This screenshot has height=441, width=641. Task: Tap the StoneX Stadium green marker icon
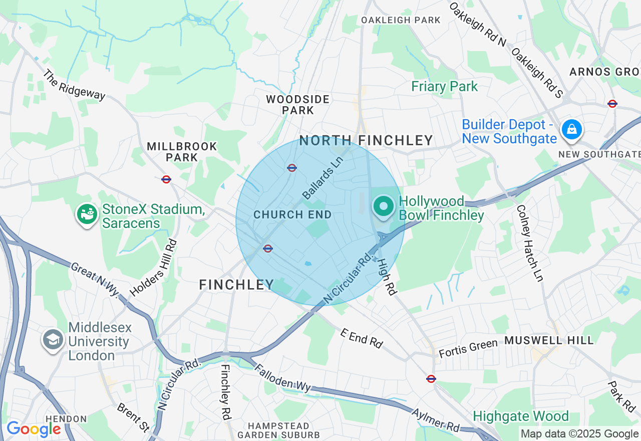click(x=87, y=214)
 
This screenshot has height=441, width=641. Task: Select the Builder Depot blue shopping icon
click(x=571, y=130)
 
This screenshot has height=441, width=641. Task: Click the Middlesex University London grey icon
click(x=53, y=339)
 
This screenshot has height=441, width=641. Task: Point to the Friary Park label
click(x=444, y=86)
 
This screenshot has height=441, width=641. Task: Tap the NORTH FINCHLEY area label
click(x=366, y=140)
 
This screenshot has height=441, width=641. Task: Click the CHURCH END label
click(x=292, y=214)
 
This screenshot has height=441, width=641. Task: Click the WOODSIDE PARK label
click(x=297, y=105)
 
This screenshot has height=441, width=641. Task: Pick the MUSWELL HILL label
click(x=548, y=340)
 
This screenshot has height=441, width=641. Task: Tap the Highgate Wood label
click(x=521, y=416)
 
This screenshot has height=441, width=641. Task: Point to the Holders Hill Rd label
click(x=153, y=268)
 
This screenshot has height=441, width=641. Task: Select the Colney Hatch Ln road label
click(x=529, y=243)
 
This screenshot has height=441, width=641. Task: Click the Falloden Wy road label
click(x=283, y=378)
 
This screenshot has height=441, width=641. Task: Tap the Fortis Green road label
click(x=468, y=348)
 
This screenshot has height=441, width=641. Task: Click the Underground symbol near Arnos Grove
click(x=612, y=104)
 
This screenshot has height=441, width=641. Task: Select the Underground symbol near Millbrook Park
click(x=166, y=179)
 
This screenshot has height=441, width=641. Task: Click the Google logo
click(x=34, y=429)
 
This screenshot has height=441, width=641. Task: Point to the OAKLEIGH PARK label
click(x=401, y=20)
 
